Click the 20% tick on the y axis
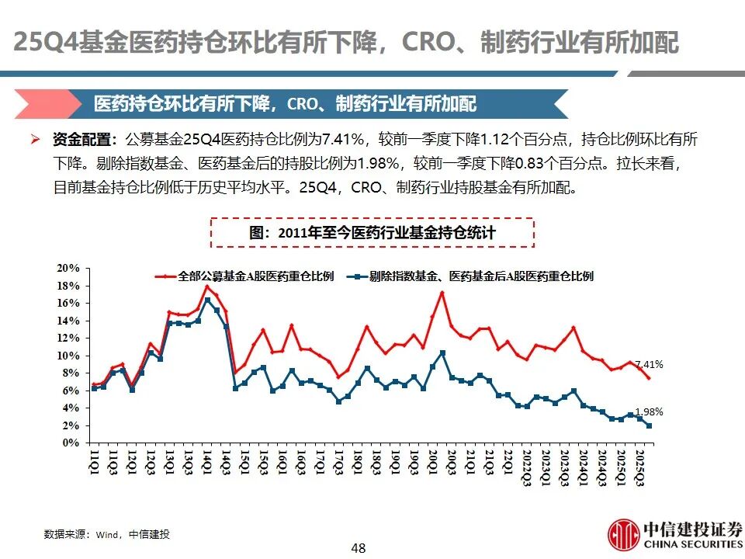(x=68, y=268)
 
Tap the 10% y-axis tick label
(x=68, y=356)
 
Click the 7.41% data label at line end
(x=649, y=364)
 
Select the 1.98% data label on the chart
(x=649, y=412)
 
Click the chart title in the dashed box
(x=372, y=232)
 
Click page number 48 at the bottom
(x=358, y=549)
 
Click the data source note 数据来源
(x=106, y=534)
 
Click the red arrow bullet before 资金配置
(x=57, y=140)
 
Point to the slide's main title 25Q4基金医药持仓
(x=346, y=43)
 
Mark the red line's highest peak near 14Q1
(x=207, y=286)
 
